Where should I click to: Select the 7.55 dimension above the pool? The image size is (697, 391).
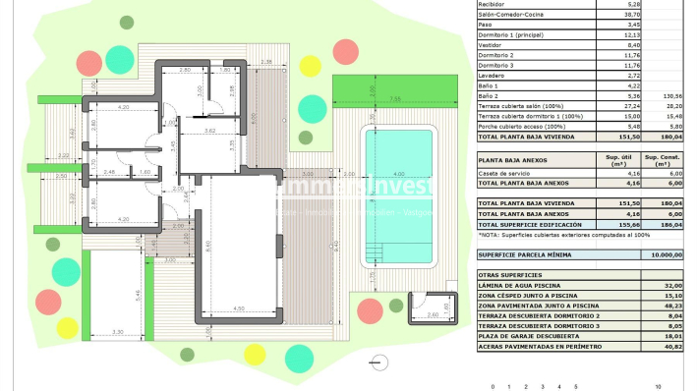click(x=393, y=99)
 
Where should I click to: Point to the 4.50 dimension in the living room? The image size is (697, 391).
click(x=240, y=310)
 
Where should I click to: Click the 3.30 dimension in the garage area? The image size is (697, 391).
click(x=119, y=334)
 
